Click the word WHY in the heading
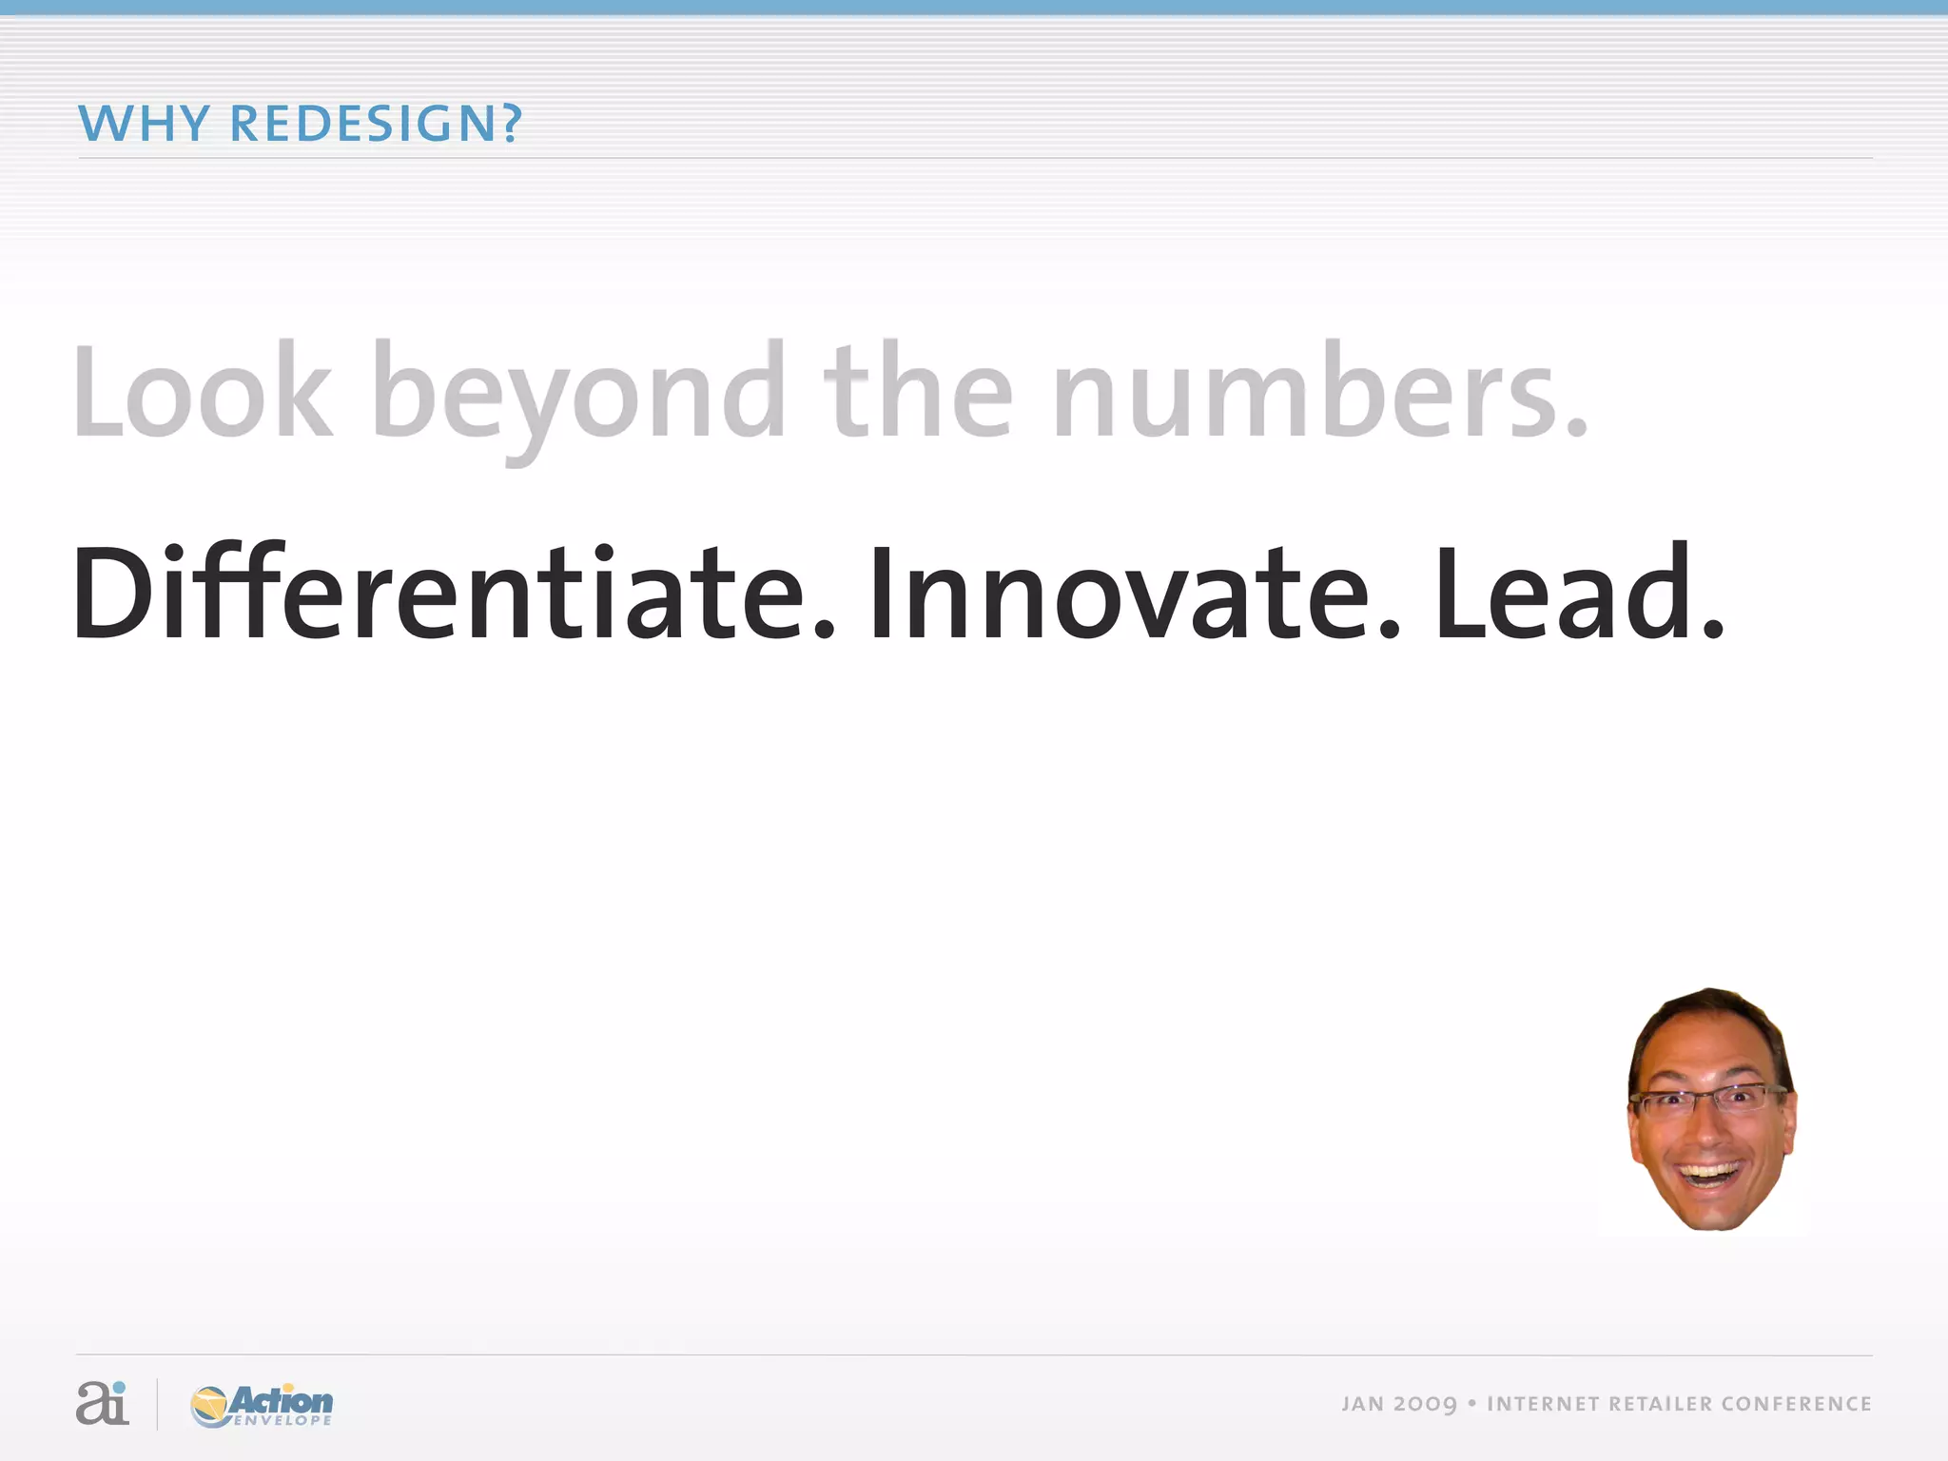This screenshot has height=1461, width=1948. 144,124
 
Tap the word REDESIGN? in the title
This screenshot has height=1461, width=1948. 377,124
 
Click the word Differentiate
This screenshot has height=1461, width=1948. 453,594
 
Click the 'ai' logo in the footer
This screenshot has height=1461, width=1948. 102,1403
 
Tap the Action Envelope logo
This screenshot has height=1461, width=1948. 262,1405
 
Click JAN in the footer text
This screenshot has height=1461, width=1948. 1362,1404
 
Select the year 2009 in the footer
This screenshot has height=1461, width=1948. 1426,1405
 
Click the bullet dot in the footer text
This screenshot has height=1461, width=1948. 1471,1404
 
